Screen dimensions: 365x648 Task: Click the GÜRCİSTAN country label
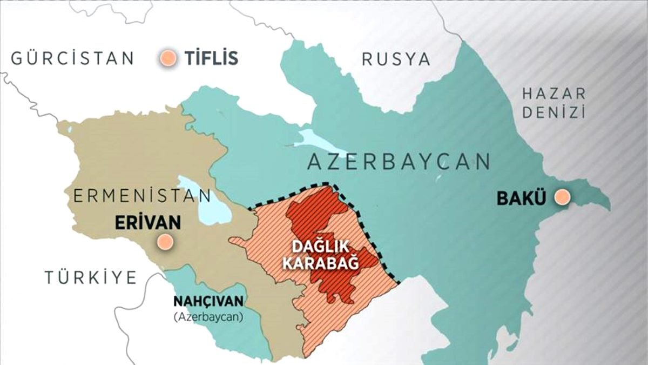tap(72, 58)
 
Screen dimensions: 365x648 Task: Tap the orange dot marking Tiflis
tap(169, 58)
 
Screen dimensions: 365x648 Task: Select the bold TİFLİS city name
tap(211, 58)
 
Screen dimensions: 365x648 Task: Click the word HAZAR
tap(553, 94)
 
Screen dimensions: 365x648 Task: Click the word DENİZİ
tap(553, 113)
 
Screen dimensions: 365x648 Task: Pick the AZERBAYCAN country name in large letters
tap(399, 161)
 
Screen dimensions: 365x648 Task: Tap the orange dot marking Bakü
tap(563, 197)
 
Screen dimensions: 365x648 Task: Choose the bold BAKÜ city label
tap(522, 198)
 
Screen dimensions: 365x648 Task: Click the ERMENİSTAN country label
tap(142, 196)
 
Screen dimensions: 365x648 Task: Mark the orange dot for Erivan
tap(165, 242)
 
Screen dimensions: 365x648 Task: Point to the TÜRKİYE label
tap(90, 277)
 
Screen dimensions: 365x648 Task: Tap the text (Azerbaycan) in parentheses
tap(208, 316)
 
